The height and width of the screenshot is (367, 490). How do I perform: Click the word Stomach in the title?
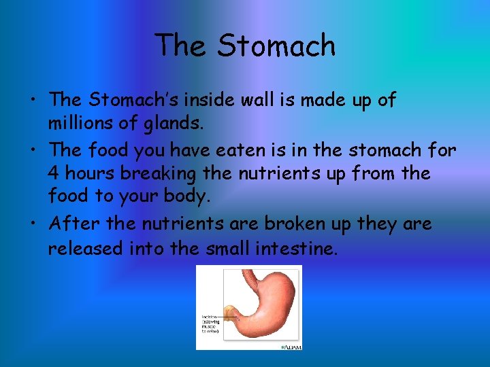[x=276, y=46]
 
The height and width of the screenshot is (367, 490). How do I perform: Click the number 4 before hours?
[x=54, y=173]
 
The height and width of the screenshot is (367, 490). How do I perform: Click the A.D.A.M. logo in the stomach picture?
[x=291, y=346]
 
